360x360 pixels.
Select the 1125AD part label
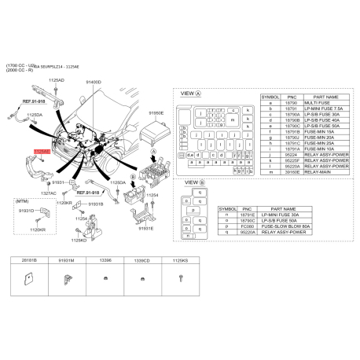57,80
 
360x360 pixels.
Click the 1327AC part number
49,193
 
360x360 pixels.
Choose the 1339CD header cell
141,259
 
